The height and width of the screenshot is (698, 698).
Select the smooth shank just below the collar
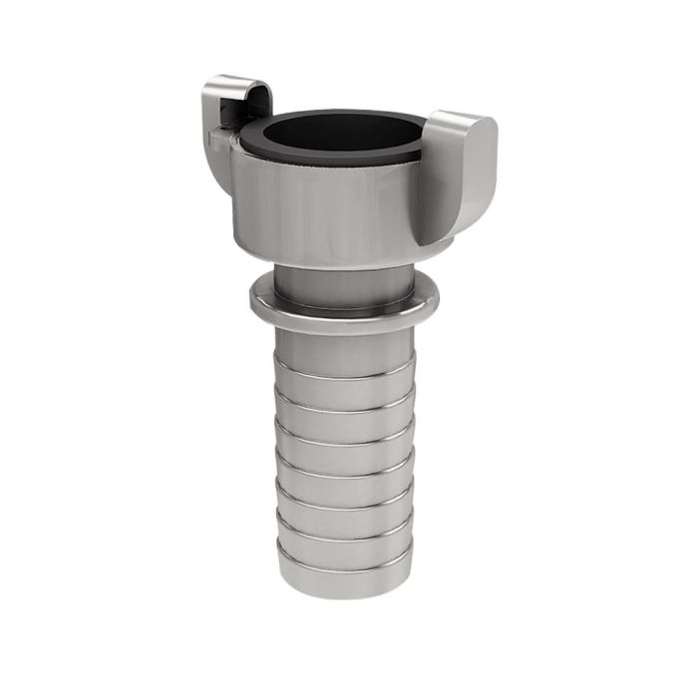pos(344,349)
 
